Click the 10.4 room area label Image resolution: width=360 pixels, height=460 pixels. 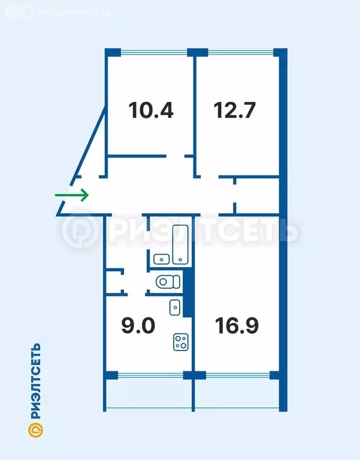coord(151,110)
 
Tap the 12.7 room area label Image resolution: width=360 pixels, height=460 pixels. coord(235,110)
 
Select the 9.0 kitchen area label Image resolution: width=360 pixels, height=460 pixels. coord(138,326)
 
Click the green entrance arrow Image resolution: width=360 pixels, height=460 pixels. coord(72,195)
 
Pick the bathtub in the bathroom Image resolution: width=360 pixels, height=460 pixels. coord(181,244)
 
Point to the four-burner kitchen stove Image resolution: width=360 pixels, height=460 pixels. coord(181,342)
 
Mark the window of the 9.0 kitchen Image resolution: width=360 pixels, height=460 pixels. coord(150,376)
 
